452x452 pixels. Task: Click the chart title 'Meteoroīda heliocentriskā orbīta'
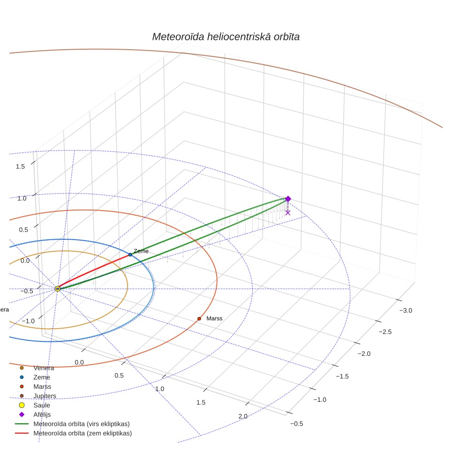point(226,37)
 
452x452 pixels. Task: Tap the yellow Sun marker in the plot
point(58,288)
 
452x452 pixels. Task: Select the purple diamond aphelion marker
point(288,199)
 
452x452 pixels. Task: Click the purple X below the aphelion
point(288,213)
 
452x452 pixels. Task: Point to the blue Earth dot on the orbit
point(130,255)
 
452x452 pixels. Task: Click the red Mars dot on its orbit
point(199,318)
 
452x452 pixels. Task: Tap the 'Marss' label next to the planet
point(214,318)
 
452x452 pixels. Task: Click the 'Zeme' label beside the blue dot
point(141,251)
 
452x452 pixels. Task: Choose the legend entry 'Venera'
point(44,368)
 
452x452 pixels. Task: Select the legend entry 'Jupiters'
point(45,396)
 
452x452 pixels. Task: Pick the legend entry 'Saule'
point(42,405)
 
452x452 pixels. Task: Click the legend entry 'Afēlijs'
point(42,414)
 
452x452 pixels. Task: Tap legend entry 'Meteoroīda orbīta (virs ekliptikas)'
point(82,424)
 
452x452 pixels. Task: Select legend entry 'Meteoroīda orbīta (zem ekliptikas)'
point(83,433)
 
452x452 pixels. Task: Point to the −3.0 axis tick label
point(406,310)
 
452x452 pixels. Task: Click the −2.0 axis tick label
point(364,354)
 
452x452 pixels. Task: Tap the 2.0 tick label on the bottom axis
point(243,416)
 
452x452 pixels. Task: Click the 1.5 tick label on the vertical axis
point(20,166)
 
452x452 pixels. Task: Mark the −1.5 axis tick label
point(342,376)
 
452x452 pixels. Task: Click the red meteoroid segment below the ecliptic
point(94,271)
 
